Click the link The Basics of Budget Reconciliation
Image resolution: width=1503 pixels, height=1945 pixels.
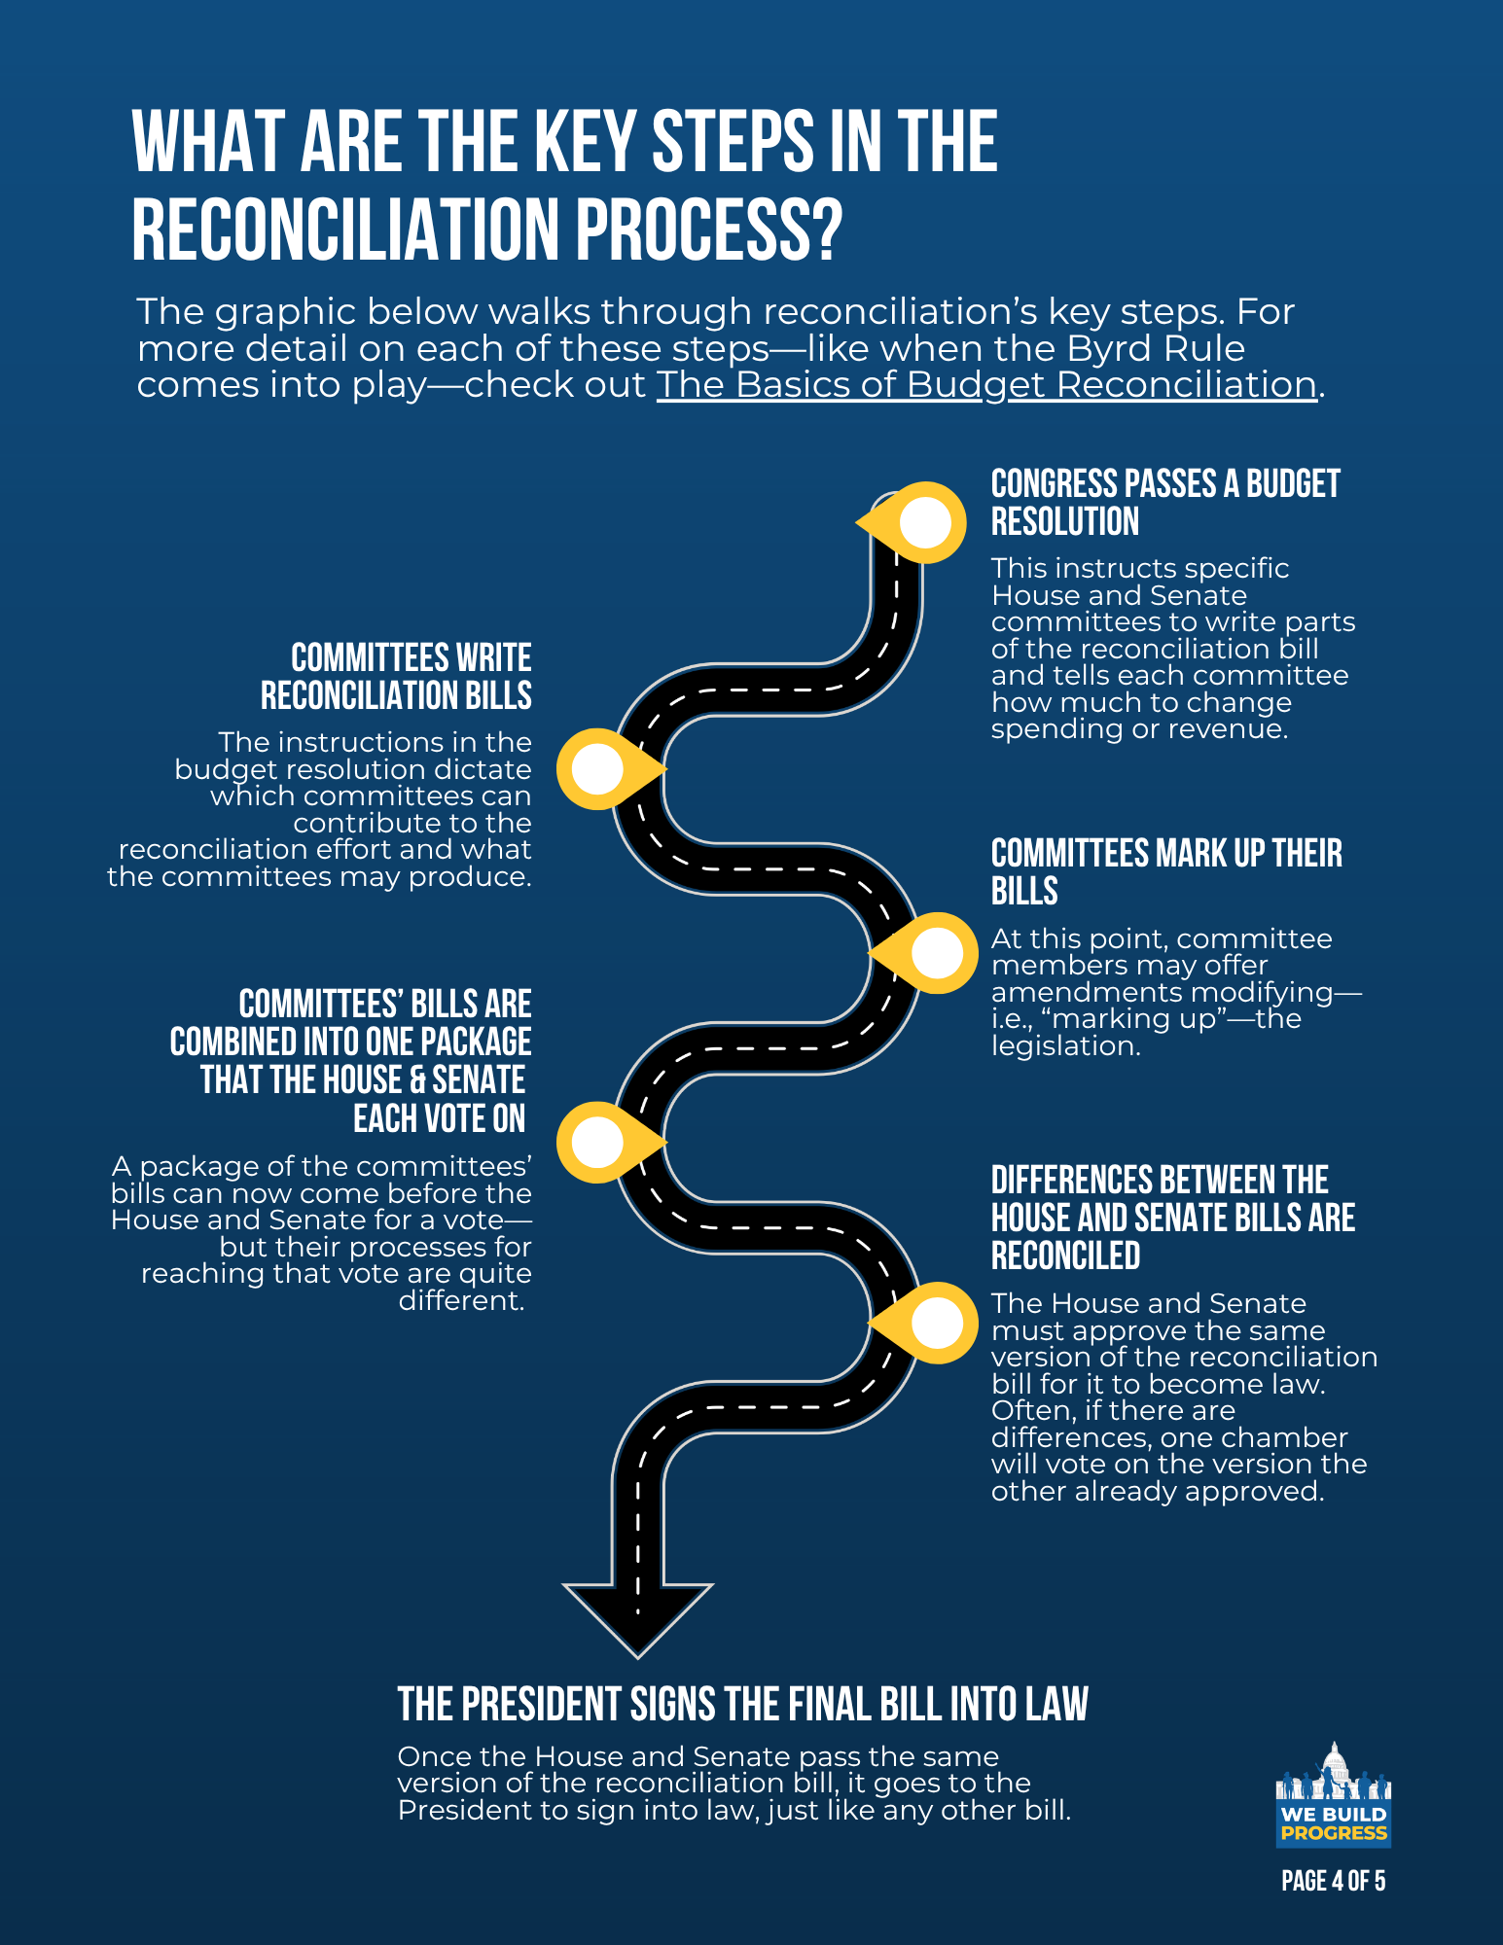coord(986,385)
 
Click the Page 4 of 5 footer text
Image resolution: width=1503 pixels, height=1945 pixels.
coord(1333,1881)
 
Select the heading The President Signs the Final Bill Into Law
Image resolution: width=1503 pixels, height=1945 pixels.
coord(742,1705)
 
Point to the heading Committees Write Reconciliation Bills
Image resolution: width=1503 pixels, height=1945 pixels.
coord(397,677)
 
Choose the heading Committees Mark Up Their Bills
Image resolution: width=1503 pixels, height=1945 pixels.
coord(1165,871)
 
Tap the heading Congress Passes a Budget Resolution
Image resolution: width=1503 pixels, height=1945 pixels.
coord(1164,502)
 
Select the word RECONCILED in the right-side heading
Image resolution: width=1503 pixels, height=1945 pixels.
coord(1065,1256)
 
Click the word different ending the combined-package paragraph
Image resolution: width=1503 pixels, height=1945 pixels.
coord(461,1300)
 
